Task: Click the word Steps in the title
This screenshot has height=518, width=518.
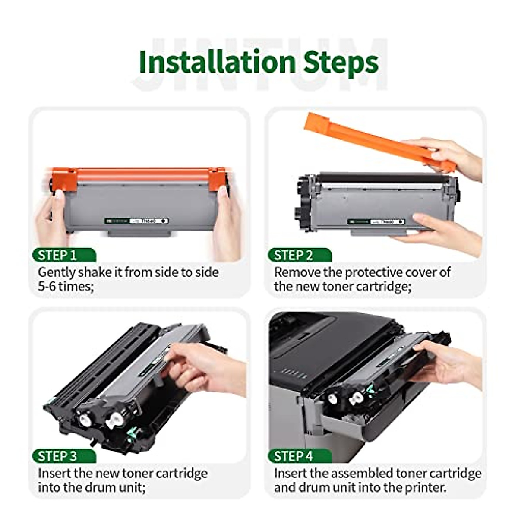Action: (341, 63)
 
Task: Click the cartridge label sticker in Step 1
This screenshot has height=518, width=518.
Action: (136, 221)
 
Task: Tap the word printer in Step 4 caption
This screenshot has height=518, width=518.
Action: (425, 488)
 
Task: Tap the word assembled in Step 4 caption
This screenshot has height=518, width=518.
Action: (354, 474)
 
